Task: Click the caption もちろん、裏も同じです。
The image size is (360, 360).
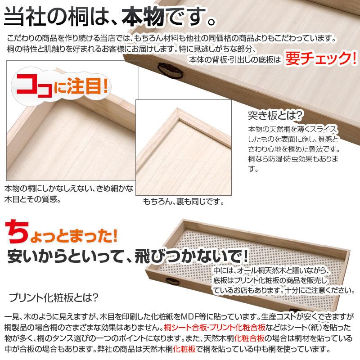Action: coord(184,202)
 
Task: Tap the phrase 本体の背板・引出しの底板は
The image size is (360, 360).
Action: coord(234,59)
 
